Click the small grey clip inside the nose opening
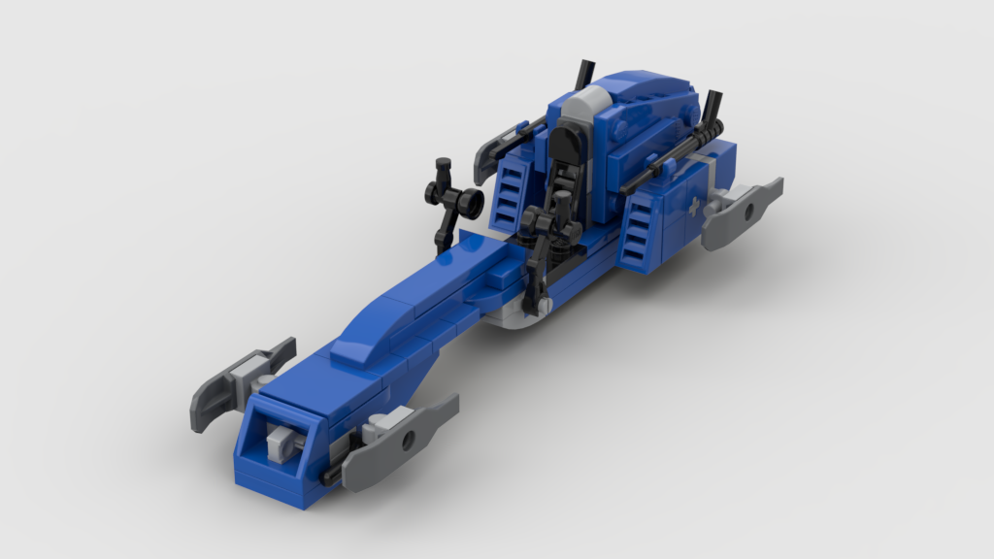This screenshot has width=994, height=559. click(x=279, y=443)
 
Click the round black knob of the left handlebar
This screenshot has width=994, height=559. click(x=471, y=202)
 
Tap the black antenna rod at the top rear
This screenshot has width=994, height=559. click(x=585, y=74)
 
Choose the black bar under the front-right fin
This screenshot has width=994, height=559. click(x=333, y=474)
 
